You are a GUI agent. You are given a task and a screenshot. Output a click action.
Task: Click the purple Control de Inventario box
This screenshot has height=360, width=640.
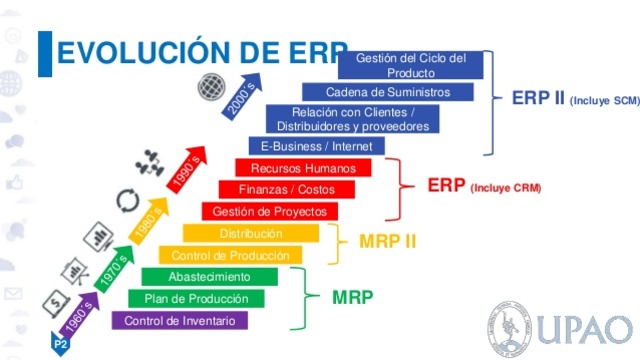coord(180,321)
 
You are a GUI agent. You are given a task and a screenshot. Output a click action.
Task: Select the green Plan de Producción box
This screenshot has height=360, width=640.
coord(196,299)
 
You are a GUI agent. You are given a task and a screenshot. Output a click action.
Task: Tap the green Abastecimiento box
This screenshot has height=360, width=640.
coord(209,277)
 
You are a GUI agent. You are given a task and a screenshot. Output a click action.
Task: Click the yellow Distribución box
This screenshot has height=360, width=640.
coord(251,233)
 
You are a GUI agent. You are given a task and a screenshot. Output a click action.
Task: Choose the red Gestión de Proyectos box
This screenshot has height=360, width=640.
coord(269,211)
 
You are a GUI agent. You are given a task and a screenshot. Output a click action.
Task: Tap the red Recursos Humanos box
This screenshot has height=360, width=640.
coord(303,168)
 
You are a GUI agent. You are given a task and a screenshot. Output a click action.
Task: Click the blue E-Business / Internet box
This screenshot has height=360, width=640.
coord(316,146)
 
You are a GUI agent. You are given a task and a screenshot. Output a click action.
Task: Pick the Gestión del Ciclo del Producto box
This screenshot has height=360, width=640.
coord(411,65)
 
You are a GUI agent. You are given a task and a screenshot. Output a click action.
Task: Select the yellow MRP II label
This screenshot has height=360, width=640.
coord(387,241)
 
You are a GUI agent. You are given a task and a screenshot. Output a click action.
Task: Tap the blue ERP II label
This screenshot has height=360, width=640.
coord(538,99)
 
